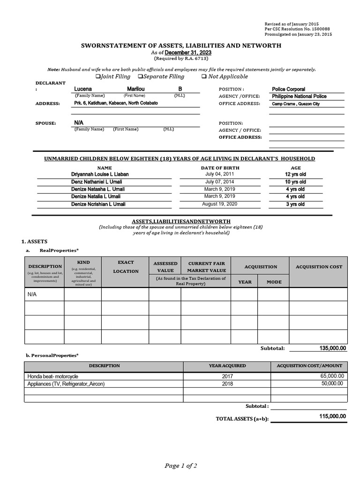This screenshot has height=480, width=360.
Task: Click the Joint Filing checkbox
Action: (98, 76)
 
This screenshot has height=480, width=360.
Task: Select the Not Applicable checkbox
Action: (204, 76)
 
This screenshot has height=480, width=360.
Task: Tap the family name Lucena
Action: (83, 89)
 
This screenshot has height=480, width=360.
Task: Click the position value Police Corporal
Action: (288, 89)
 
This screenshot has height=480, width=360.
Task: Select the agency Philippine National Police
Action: (299, 96)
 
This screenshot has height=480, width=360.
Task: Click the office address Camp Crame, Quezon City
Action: (295, 104)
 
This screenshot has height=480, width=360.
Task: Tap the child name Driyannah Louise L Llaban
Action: (100, 174)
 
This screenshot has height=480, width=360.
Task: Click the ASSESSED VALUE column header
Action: (165, 267)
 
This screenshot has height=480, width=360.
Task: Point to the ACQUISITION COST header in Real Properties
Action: (319, 267)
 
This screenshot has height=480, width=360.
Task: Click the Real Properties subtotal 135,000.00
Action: (333, 348)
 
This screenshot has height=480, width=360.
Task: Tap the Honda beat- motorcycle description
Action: (53, 376)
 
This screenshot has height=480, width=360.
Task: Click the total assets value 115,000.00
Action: (333, 416)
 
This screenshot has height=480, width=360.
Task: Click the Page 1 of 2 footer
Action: (180, 465)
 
